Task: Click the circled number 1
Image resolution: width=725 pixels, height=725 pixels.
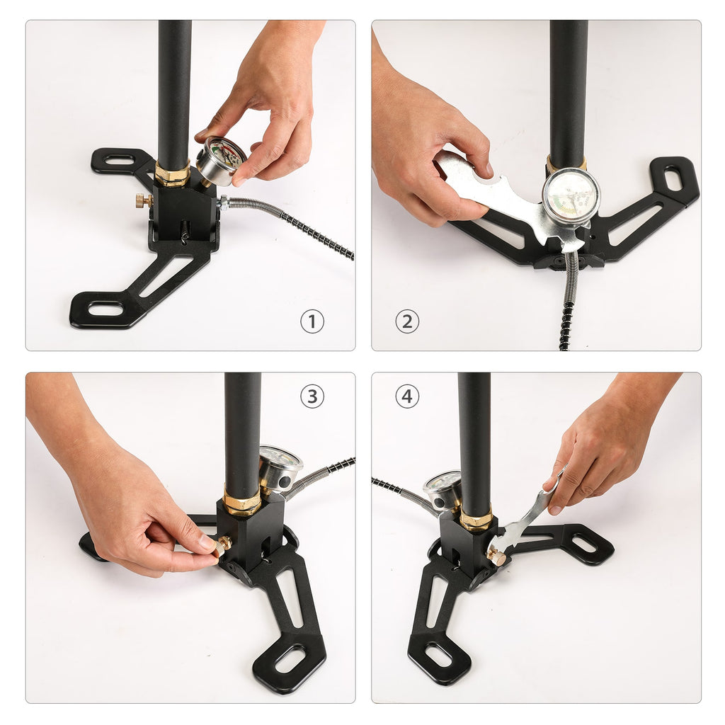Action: coord(312,322)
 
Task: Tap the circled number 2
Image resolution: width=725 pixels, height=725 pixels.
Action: coord(407,322)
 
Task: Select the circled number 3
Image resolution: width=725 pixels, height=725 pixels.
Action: coord(312,396)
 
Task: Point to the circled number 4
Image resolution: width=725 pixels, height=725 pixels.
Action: coord(406,396)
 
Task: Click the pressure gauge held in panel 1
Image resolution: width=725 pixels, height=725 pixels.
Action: coord(219,161)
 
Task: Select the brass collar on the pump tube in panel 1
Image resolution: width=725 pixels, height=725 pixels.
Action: coord(172,175)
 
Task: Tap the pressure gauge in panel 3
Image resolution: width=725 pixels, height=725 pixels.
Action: coord(279,467)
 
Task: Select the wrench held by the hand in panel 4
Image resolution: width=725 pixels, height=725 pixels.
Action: coord(524,520)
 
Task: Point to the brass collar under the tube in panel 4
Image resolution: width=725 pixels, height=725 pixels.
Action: coord(476,520)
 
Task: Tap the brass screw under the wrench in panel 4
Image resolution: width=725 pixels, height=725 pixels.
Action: coord(497,558)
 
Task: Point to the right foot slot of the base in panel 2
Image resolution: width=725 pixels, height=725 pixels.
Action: coord(673,178)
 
